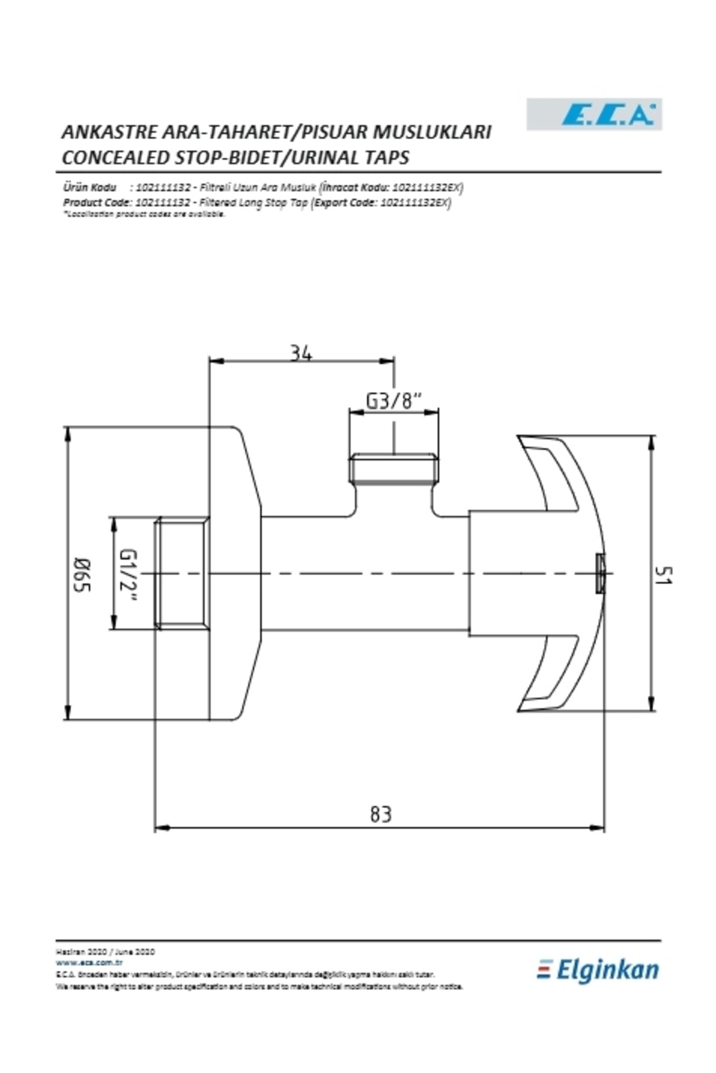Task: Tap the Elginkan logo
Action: point(598,970)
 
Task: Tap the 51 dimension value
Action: point(663,575)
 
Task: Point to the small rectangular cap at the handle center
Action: point(600,573)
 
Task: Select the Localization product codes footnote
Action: point(144,214)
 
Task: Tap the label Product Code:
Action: point(97,202)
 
